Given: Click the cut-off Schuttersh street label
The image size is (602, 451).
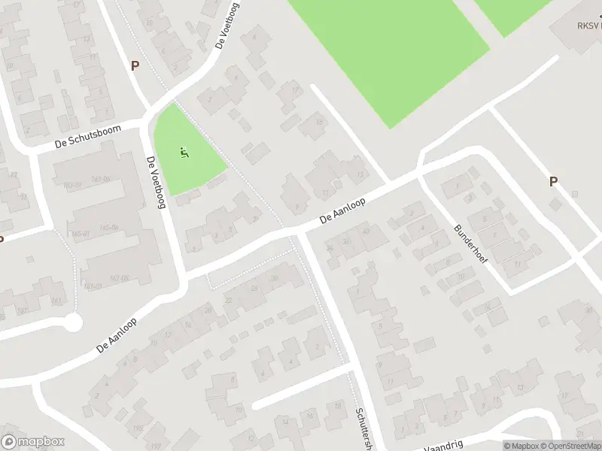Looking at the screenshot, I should point(363,429).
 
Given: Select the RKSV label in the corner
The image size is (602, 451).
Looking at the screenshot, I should point(588,25).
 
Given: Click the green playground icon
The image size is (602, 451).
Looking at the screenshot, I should point(184,153).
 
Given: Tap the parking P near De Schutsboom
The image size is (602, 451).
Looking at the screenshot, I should point(135,65).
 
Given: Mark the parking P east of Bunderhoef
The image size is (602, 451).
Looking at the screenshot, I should point(554,181).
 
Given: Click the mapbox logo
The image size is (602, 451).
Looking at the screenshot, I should point(33,442).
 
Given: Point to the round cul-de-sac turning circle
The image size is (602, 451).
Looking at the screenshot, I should point(72,323).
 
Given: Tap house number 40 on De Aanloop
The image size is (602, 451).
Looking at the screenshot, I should point(366,231).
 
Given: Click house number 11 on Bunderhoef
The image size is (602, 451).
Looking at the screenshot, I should point(516,265).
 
